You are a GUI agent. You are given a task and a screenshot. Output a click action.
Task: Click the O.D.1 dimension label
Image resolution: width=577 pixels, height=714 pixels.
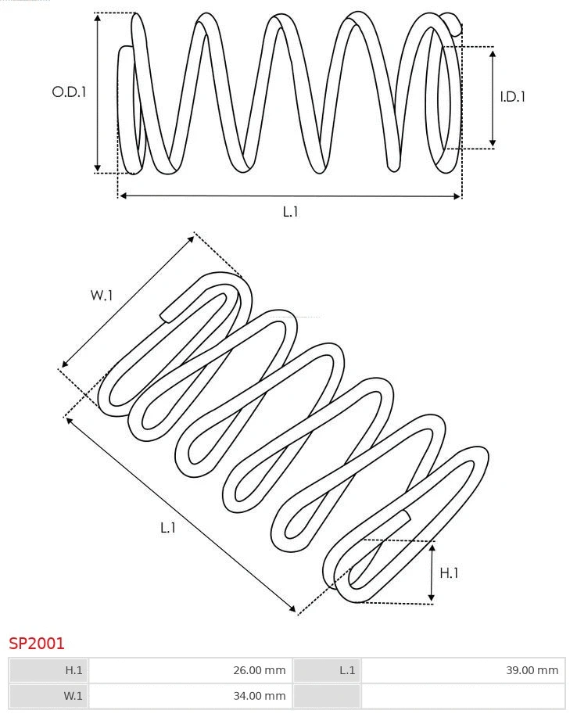tap(69, 91)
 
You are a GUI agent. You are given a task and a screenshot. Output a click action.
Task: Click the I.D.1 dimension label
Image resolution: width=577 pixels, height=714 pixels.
tap(513, 97)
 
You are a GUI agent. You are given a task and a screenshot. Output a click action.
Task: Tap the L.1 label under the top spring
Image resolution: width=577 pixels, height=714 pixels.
tap(290, 211)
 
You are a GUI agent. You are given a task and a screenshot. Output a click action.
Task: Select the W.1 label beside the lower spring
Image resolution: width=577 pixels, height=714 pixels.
tap(102, 295)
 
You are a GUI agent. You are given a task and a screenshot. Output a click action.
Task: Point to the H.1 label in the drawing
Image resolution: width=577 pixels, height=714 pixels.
tap(449, 573)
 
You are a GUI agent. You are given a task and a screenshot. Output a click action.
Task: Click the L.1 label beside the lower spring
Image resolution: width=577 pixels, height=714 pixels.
tap(168, 528)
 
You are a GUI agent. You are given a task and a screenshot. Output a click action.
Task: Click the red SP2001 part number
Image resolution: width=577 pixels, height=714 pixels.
tap(37, 644)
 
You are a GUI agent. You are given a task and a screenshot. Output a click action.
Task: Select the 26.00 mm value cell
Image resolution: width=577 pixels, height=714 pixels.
tap(189, 670)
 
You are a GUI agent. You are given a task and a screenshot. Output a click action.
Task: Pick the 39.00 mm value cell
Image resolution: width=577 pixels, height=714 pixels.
tap(463, 670)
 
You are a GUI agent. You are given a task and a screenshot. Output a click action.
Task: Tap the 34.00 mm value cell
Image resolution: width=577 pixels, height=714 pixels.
tap(189, 695)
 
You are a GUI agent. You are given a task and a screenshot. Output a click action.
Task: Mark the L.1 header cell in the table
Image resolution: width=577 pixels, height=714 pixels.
tap(328, 670)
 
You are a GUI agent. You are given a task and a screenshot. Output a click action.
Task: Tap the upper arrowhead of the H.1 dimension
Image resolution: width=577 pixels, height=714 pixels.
tap(432, 547)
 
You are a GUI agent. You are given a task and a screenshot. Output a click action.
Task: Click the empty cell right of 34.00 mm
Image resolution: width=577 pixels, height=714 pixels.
tap(463, 695)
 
